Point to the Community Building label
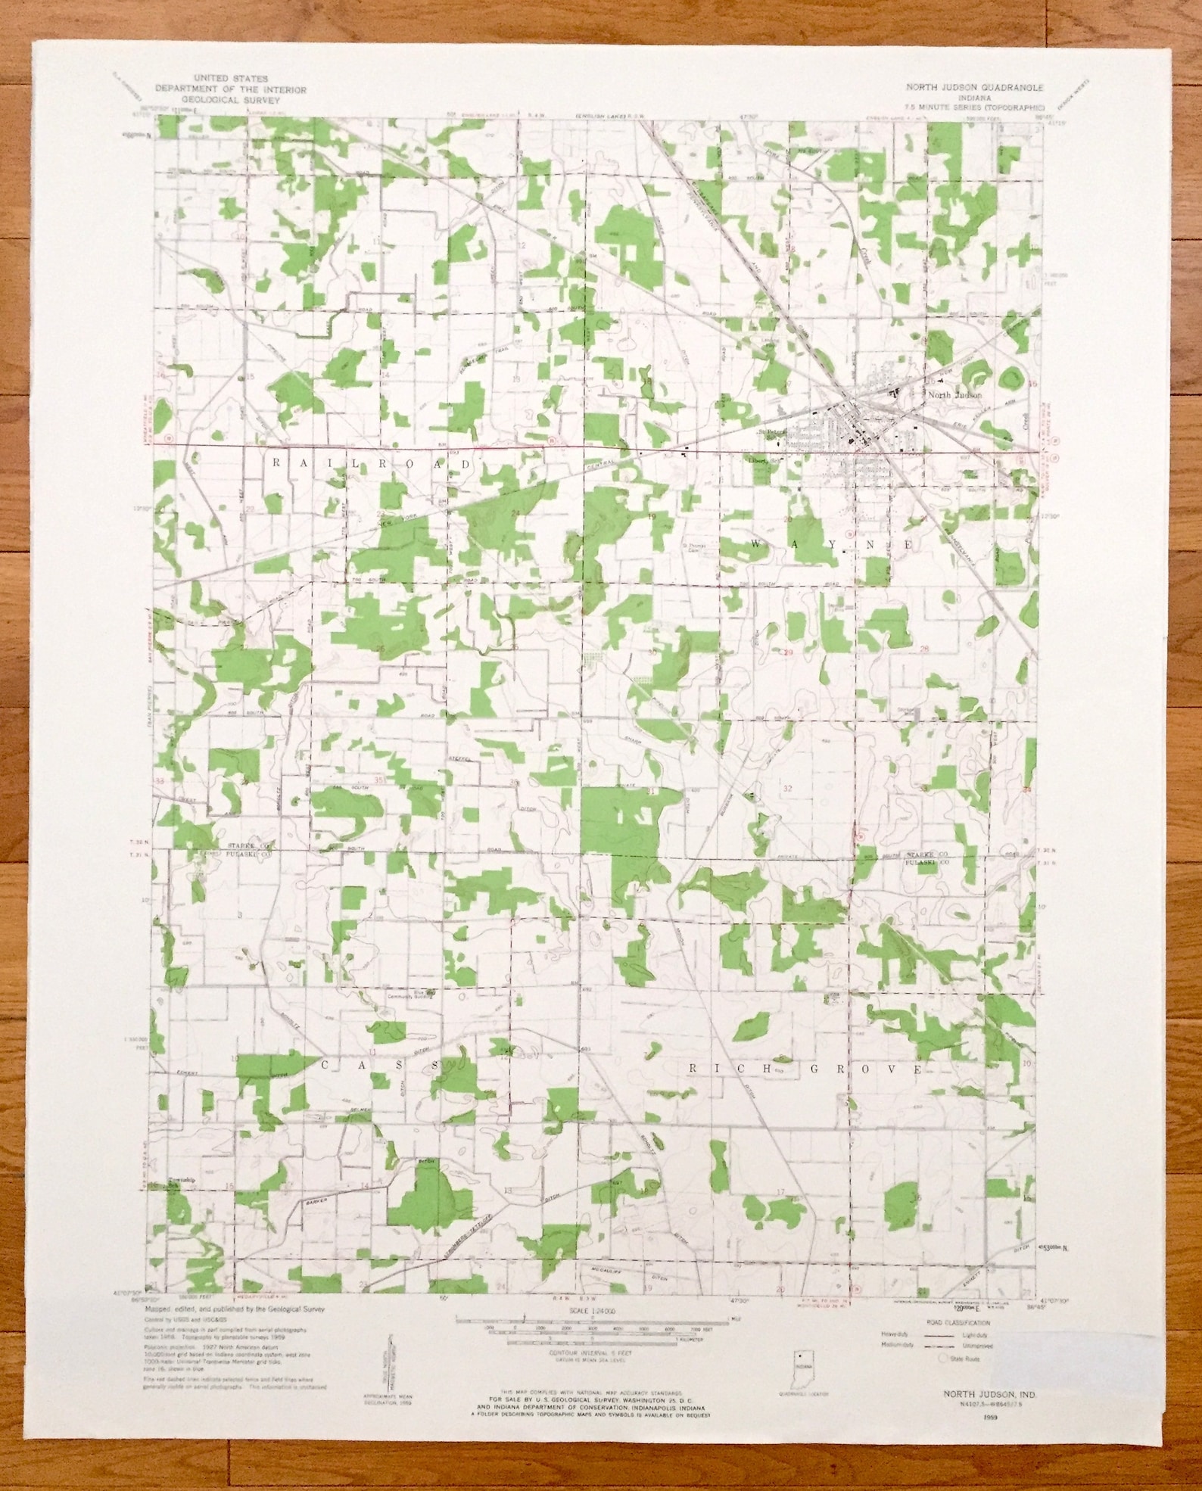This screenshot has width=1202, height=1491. pos(411,996)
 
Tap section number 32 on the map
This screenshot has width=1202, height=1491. pos(787,788)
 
